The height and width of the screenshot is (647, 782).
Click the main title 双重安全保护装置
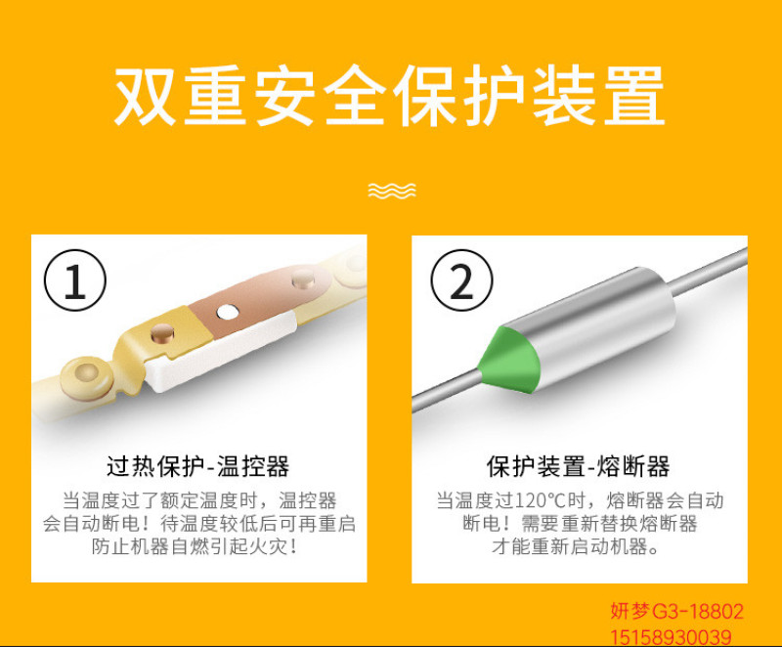[389, 95]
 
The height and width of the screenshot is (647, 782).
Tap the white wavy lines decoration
[392, 191]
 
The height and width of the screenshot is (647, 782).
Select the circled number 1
[75, 280]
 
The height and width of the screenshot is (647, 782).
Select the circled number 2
[461, 280]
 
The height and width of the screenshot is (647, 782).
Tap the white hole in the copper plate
[228, 312]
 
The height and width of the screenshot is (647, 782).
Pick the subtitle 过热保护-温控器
[198, 466]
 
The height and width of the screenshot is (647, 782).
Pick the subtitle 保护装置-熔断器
[579, 466]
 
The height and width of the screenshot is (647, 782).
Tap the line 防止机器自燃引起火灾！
[195, 546]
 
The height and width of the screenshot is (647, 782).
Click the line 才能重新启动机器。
[575, 546]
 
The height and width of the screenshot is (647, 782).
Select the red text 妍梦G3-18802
[676, 611]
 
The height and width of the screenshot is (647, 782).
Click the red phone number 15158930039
[671, 637]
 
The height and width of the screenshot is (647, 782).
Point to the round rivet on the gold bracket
[161, 333]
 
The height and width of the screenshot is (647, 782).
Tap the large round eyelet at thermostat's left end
[86, 377]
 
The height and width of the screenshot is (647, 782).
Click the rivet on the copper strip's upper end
[303, 280]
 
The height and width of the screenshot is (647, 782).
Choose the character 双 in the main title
[145, 95]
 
